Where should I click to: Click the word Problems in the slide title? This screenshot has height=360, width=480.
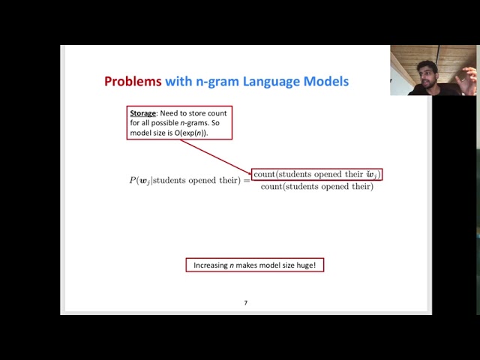(x=133, y=81)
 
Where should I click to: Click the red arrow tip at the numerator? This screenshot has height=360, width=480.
(x=250, y=173)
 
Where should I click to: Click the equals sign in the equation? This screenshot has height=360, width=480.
(x=245, y=180)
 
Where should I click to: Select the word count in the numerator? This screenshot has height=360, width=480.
(x=264, y=174)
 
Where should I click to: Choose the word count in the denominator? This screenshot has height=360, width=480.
(x=271, y=187)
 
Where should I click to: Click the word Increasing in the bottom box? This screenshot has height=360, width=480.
(x=211, y=265)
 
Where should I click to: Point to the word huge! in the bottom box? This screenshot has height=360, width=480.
(x=307, y=265)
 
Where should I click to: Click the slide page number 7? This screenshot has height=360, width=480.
(x=245, y=303)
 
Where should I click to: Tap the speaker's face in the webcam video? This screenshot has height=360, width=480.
(x=428, y=74)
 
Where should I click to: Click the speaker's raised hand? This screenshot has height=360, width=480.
(x=468, y=76)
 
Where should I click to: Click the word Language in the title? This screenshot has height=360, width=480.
(x=269, y=81)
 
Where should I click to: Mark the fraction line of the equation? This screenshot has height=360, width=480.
(x=317, y=181)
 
